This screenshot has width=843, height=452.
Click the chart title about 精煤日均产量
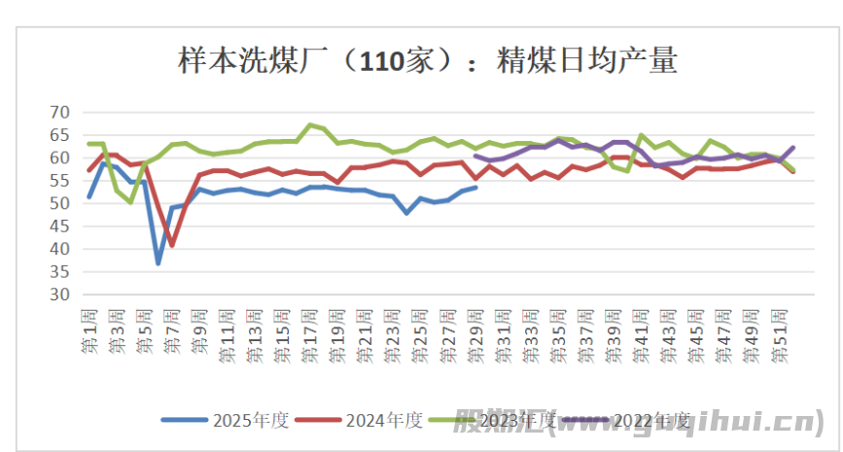[x=427, y=61]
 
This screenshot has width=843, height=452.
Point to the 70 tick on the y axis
[x=60, y=113]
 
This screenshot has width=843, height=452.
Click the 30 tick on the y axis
[x=60, y=295]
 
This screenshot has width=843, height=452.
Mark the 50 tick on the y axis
[x=60, y=203]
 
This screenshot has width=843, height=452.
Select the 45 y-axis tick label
[x=60, y=226]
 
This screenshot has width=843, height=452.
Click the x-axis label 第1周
[x=89, y=330]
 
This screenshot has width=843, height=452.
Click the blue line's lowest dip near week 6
[x=158, y=262]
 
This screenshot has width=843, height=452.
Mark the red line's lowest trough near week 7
[x=172, y=245]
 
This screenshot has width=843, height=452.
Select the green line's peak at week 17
[x=310, y=125]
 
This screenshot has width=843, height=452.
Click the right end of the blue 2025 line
[x=475, y=188]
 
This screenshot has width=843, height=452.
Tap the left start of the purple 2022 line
[x=475, y=156]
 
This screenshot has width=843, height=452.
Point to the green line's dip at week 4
[x=130, y=201]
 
